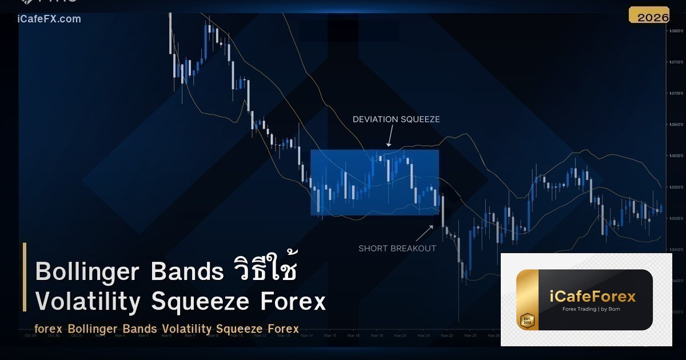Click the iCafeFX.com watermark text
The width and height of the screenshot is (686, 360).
coord(49,19)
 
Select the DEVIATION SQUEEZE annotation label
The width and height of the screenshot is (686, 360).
coord(396,119)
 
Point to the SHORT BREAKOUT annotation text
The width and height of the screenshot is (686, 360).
coord(397,249)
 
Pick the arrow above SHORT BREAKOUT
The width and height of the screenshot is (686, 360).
coord(424,233)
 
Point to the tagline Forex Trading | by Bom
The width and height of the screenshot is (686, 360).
coord(591,309)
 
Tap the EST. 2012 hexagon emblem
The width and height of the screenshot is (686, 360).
coord(527,320)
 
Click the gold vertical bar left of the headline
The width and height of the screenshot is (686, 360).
coord(25,277)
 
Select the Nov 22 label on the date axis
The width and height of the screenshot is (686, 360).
coord(447,335)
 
